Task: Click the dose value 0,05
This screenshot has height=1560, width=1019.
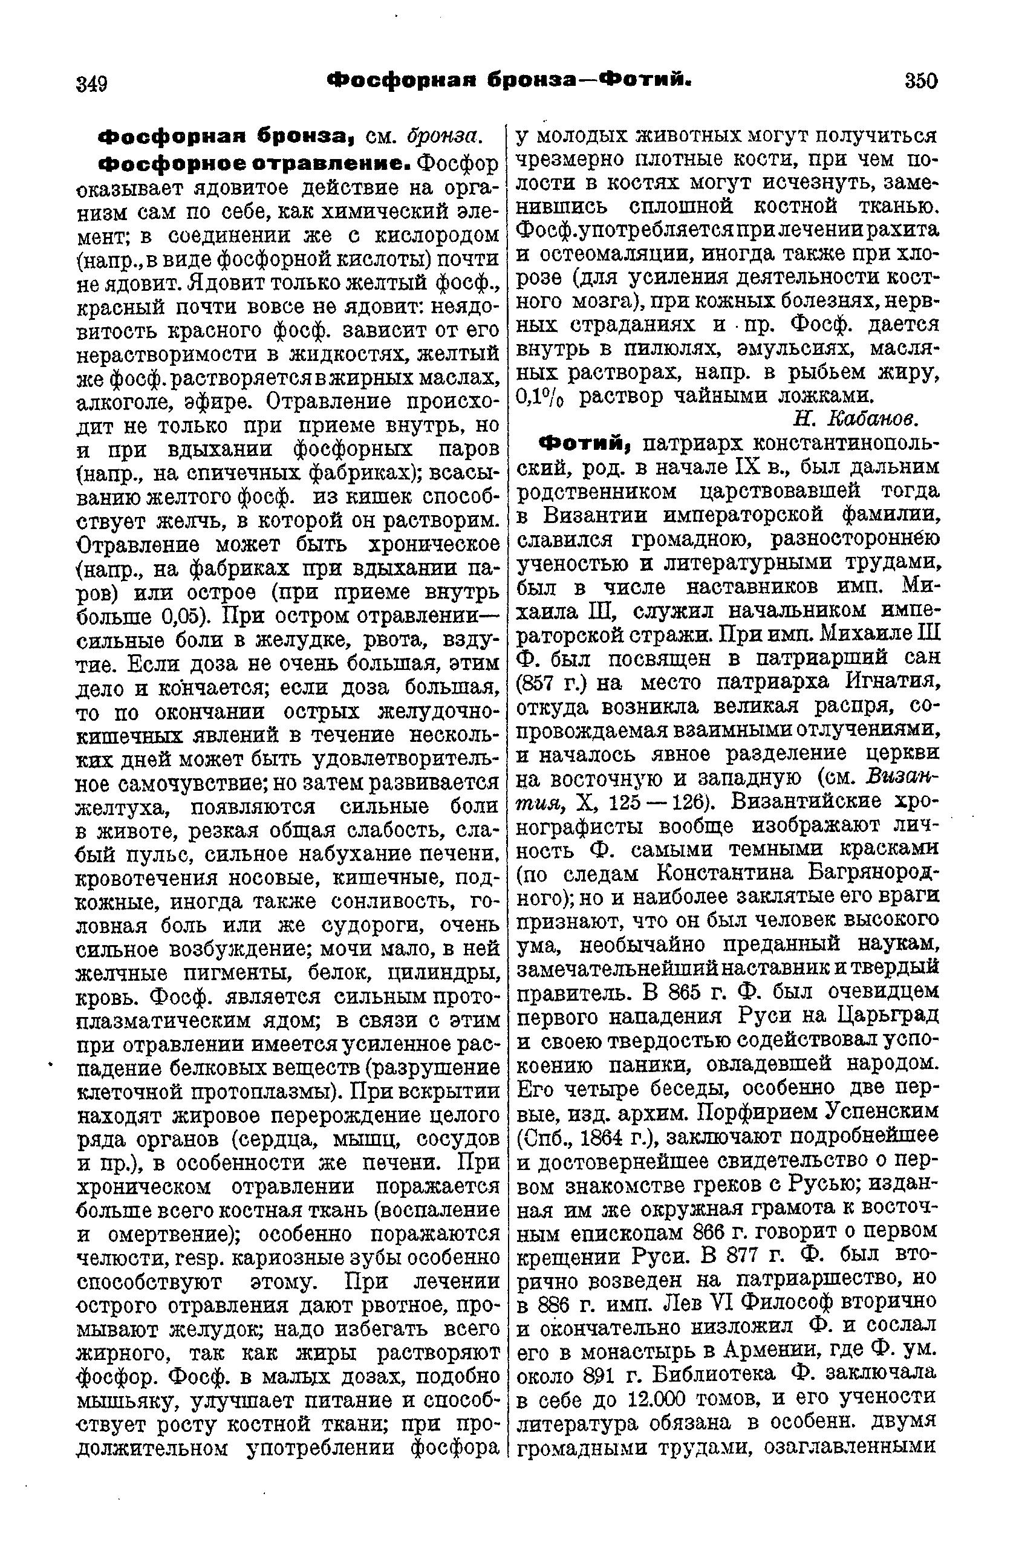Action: point(186,617)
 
